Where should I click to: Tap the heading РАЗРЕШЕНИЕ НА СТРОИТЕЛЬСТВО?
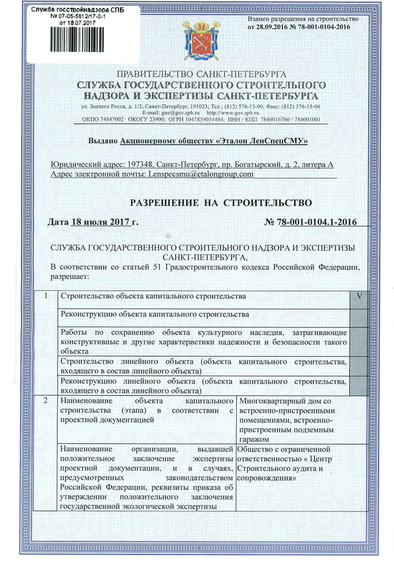click(221, 203)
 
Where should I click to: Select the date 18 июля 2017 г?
click(103, 222)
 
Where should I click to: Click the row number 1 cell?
click(47, 297)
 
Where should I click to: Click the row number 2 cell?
click(47, 402)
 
